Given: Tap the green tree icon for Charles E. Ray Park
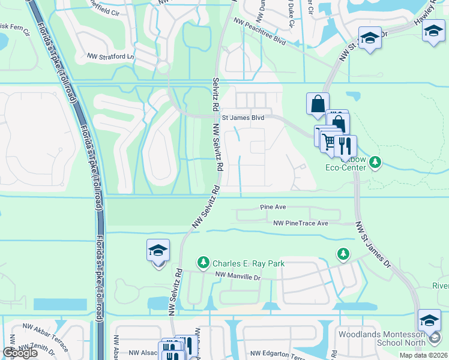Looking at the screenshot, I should tap(203, 263).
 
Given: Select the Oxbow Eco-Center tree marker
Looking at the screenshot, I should tap(375, 161).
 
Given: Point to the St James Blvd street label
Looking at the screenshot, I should tap(243, 118).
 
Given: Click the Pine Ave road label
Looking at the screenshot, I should tap(273, 206).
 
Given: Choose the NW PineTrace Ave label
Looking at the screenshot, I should tap(301, 223).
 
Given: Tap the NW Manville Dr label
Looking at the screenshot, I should tap(238, 277).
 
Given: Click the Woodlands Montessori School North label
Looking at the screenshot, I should tap(382, 338).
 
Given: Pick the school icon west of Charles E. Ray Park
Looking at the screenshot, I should tap(158, 250).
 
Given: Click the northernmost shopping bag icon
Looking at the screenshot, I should tap(317, 103).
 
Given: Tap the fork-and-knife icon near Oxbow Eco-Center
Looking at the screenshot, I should tap(345, 145).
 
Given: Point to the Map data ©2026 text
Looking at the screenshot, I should tap(423, 355).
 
